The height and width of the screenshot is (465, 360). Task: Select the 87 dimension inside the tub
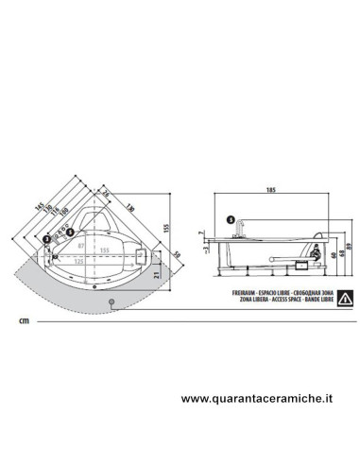pos(82,245)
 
